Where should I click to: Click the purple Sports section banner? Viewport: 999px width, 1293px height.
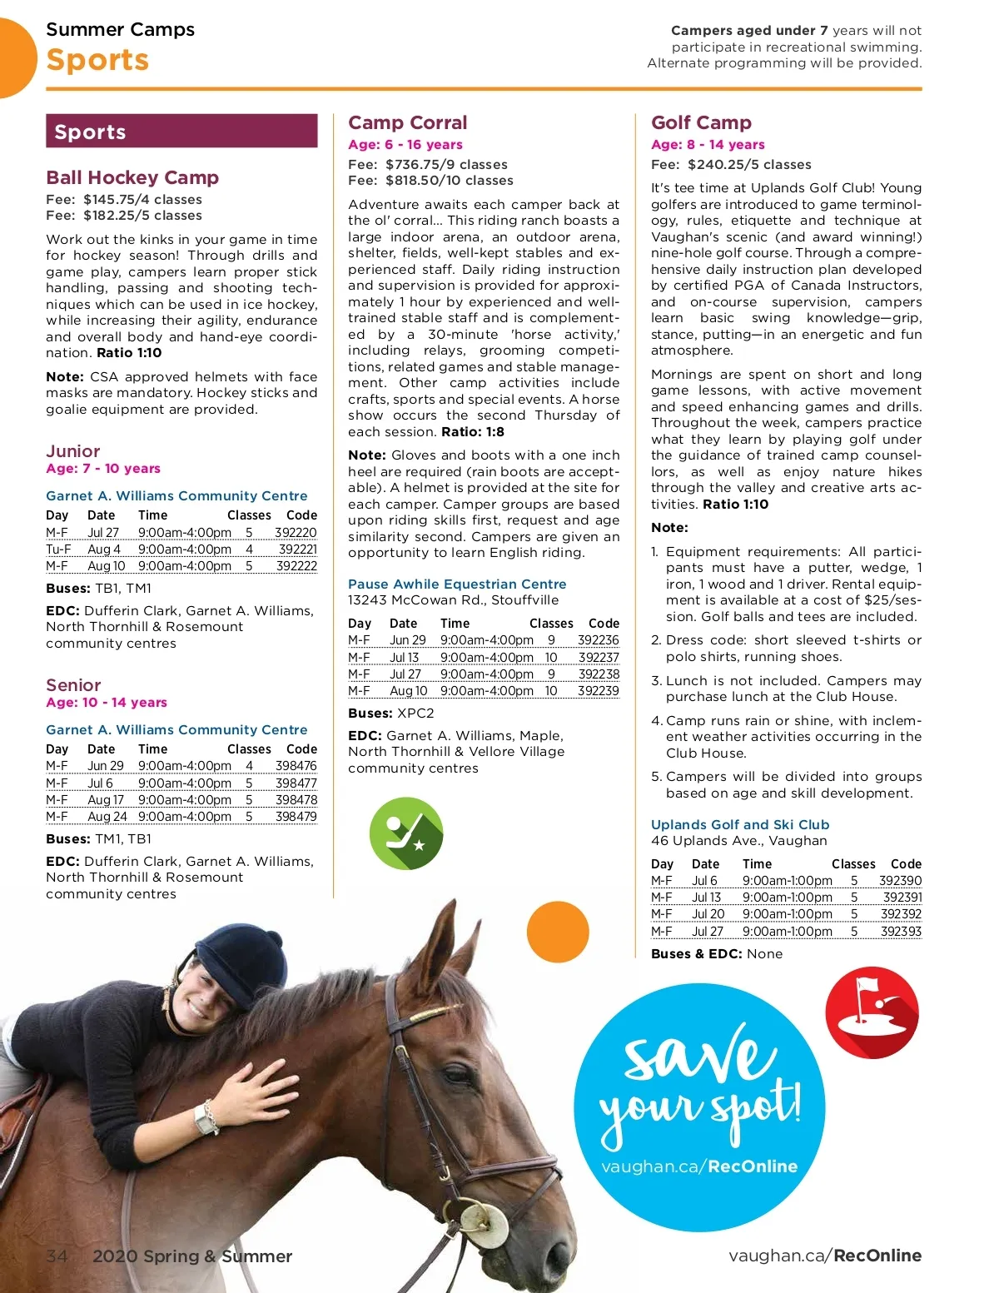[181, 132]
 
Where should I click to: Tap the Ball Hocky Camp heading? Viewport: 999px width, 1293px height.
[132, 177]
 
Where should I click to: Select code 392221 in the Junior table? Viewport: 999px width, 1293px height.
[297, 550]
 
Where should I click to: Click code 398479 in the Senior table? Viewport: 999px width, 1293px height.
[296, 817]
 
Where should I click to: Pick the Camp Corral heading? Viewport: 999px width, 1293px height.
[407, 122]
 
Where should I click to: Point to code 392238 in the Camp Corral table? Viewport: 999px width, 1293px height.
[599, 674]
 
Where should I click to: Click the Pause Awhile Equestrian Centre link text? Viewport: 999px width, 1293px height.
[457, 584]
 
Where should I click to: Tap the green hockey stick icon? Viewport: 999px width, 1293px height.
[406, 833]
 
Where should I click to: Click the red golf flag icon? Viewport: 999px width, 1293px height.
[872, 1012]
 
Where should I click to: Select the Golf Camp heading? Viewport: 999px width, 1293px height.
[701, 122]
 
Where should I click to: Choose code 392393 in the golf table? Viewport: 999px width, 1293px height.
[901, 932]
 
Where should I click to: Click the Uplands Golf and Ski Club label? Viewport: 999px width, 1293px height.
[740, 824]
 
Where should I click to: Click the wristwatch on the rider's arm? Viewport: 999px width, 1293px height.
[206, 1116]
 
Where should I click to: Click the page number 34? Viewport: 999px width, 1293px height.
[57, 1256]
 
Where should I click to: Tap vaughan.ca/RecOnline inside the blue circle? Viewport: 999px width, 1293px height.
[699, 1166]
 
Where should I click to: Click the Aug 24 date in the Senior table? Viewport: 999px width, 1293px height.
[107, 817]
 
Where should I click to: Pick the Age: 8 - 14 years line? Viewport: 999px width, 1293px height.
[708, 144]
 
